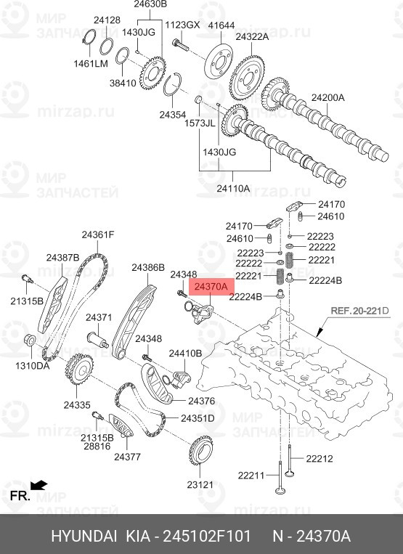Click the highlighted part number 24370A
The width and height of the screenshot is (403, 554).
click(x=211, y=288)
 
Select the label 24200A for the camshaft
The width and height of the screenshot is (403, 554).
click(x=328, y=97)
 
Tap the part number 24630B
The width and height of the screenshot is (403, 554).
click(x=150, y=4)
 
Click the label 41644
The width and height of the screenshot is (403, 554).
click(x=221, y=25)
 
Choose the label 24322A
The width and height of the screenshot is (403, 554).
click(x=252, y=36)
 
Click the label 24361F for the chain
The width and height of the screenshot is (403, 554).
click(x=98, y=235)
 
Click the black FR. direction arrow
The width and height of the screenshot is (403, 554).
click(x=40, y=484)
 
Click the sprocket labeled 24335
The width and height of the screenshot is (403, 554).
click(x=78, y=371)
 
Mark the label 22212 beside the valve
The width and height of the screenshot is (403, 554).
click(x=318, y=458)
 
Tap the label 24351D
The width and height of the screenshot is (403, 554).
click(x=198, y=418)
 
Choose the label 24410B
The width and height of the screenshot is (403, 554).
click(x=185, y=354)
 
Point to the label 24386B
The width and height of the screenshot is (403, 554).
click(x=148, y=268)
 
